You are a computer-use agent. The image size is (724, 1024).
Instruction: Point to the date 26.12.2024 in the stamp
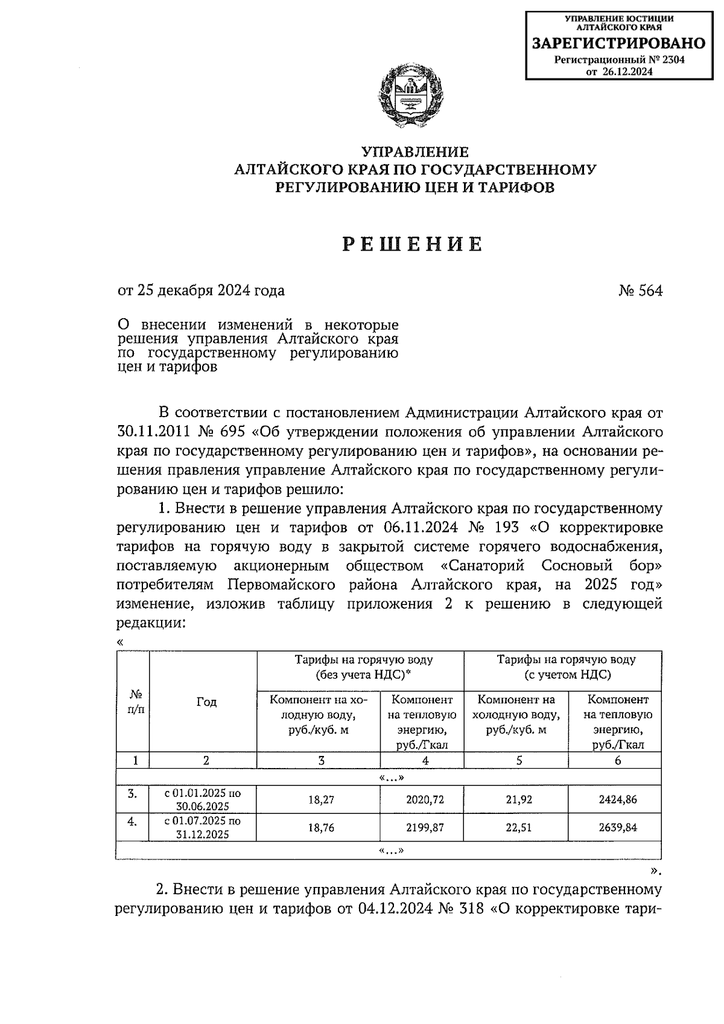pyautogui.click(x=627, y=71)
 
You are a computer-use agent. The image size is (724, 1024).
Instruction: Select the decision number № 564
pyautogui.click(x=640, y=291)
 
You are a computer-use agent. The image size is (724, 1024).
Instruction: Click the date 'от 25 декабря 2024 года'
pyautogui.click(x=202, y=291)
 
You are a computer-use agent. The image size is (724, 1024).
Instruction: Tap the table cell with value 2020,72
pyautogui.click(x=425, y=799)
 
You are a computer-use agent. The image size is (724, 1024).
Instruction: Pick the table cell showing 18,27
pyautogui.click(x=321, y=799)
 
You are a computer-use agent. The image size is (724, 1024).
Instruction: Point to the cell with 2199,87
pyautogui.click(x=425, y=828)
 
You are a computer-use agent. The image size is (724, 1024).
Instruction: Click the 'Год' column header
pyautogui.click(x=206, y=702)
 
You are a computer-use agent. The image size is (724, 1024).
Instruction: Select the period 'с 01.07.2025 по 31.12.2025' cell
pyautogui.click(x=202, y=828)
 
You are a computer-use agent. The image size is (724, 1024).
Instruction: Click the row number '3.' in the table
pyautogui.click(x=133, y=793)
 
